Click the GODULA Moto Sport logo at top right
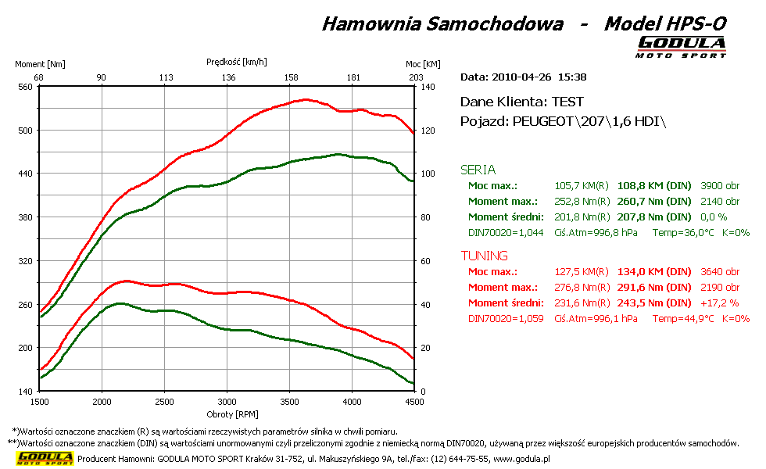[681, 47]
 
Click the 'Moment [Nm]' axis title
[40, 64]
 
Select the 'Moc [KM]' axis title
[423, 64]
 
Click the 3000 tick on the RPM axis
[227, 402]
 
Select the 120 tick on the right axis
[428, 131]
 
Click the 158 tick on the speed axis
[291, 77]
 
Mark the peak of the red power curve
[305, 99]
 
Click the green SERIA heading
[478, 170]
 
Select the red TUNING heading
[484, 256]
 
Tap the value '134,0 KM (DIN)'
[654, 272]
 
